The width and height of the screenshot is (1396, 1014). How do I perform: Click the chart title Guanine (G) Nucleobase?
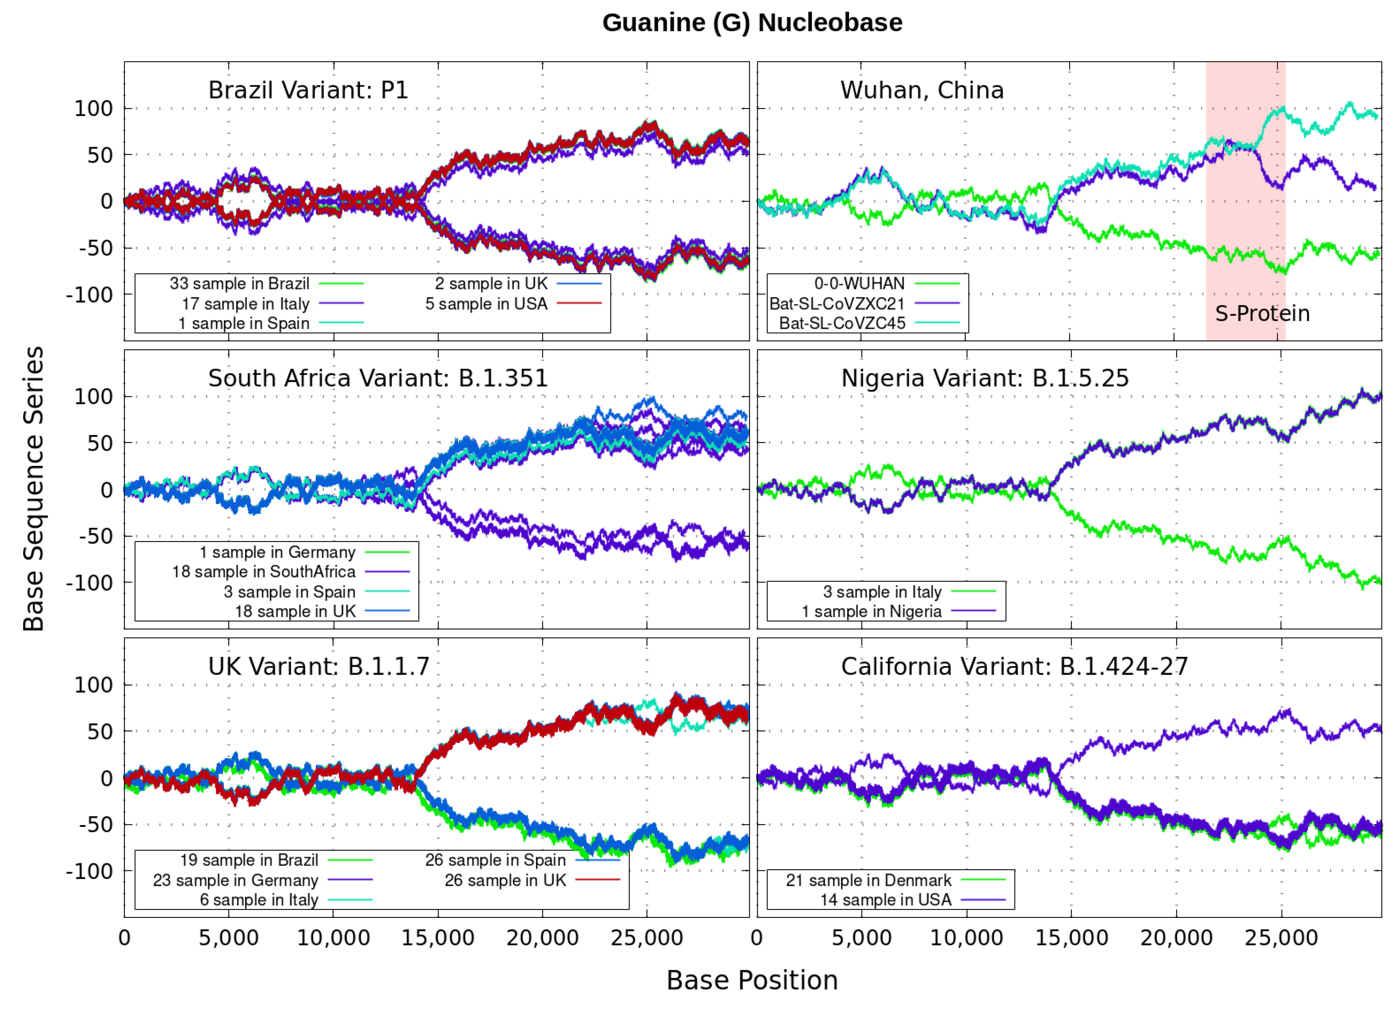752,23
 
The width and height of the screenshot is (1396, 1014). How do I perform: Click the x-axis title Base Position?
752,980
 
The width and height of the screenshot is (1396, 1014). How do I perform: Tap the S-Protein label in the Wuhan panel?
1262,314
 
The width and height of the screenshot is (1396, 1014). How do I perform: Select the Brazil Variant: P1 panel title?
308,90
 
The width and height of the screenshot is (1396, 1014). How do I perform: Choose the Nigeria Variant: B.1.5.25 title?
985,378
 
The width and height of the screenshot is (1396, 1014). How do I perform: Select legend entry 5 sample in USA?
486,304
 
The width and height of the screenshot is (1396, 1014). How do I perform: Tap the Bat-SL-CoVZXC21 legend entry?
837,304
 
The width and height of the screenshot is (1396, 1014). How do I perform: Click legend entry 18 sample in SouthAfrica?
264,572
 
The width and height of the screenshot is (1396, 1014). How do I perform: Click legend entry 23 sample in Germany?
236,880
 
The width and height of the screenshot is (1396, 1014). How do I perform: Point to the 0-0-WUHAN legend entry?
859,284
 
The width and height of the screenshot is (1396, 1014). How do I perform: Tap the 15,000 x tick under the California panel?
1072,938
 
